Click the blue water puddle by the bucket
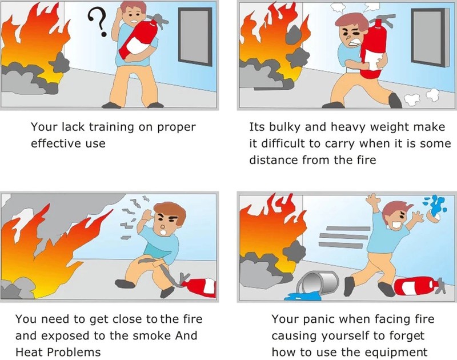coord(303,297)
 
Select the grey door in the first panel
coord(195,37)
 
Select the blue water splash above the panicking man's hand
coord(435,204)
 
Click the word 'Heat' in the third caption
coord(29,352)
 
